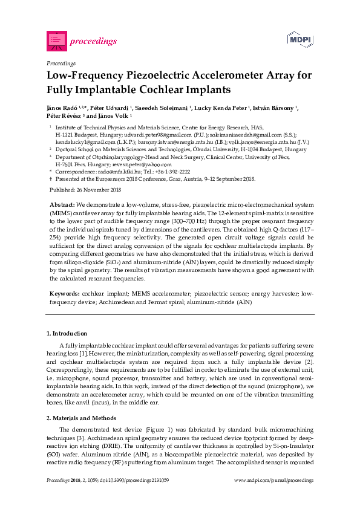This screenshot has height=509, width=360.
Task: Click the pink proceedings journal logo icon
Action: pyautogui.click(x=56, y=41)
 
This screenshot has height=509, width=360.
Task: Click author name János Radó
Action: pyautogui.click(x=62, y=108)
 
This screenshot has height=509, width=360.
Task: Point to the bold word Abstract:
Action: pyautogui.click(x=62, y=205)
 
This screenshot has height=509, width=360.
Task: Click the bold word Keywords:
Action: pyautogui.click(x=64, y=292)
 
